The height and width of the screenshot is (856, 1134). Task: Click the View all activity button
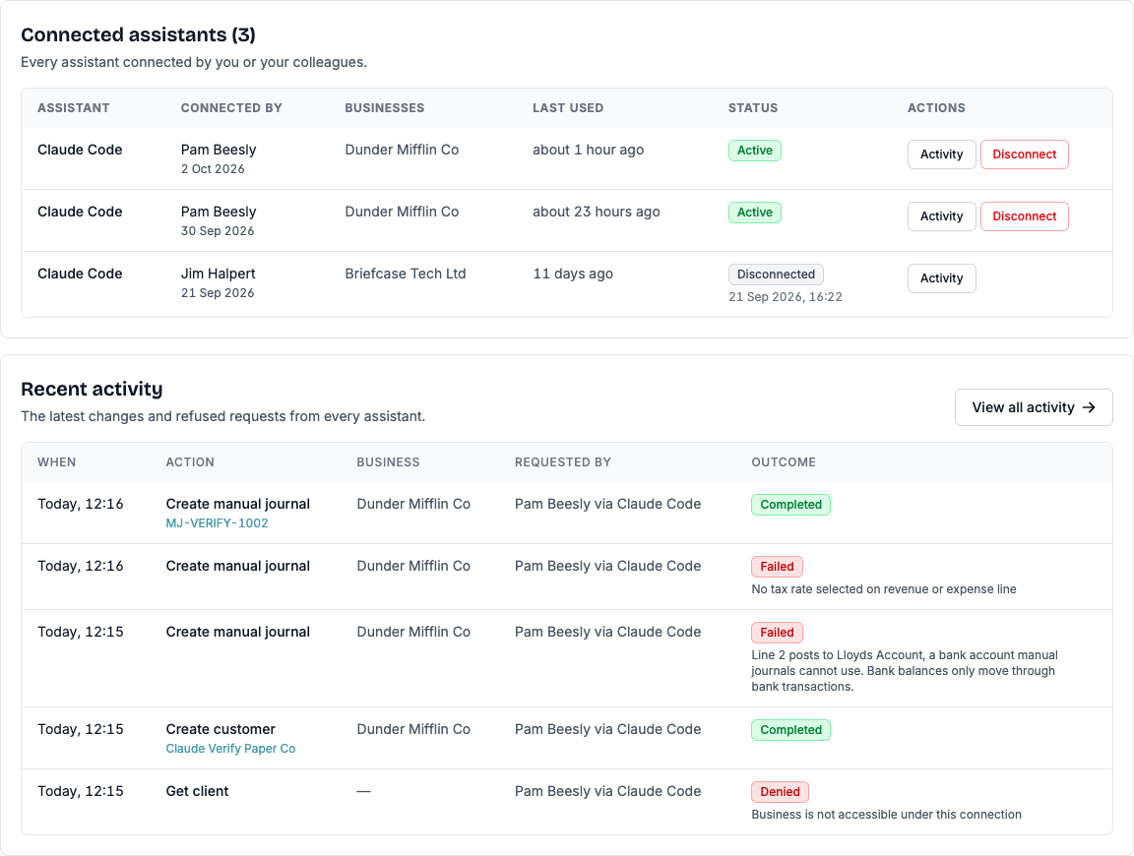point(1034,407)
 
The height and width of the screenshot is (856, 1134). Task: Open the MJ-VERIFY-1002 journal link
point(217,523)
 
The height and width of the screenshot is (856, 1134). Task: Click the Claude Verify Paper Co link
point(230,749)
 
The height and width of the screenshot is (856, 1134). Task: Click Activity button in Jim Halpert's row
point(942,278)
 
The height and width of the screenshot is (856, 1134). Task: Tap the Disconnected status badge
point(776,275)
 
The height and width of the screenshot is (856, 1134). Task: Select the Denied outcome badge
point(780,792)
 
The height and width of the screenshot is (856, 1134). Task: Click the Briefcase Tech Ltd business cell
point(405,274)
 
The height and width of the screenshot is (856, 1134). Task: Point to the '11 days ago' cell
point(573,274)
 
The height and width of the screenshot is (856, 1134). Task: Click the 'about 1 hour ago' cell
point(588,150)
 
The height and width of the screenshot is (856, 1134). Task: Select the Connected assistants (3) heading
point(138,34)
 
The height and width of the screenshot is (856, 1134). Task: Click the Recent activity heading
point(92,389)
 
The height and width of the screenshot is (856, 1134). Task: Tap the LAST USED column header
point(568,107)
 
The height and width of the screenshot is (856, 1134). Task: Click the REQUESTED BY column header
point(563,462)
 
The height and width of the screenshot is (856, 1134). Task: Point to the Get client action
point(198,792)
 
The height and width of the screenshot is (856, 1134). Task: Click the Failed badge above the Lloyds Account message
point(777,633)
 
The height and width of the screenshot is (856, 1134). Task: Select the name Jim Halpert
point(218,274)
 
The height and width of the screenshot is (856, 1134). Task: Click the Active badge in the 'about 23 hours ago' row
point(755,213)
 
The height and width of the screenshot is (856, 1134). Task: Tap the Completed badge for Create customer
point(790,730)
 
